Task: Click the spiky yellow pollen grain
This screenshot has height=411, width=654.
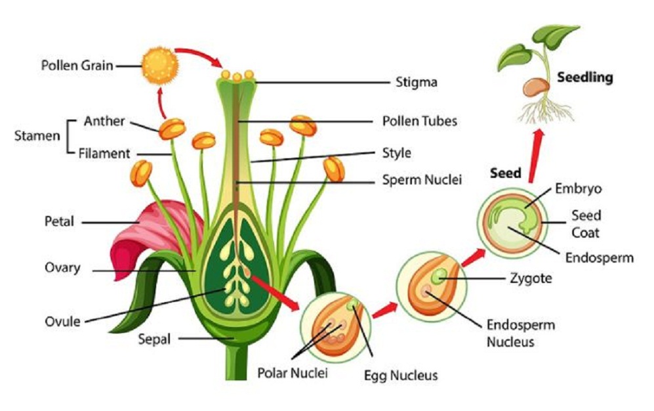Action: tap(160, 64)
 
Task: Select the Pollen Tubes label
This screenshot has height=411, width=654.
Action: tap(419, 121)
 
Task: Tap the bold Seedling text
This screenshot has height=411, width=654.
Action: tap(584, 77)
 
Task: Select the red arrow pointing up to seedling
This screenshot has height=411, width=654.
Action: tap(534, 155)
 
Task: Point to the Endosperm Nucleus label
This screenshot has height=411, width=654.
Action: tap(520, 333)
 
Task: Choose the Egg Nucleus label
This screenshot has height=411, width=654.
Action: tap(400, 376)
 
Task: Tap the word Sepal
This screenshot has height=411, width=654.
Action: tap(154, 339)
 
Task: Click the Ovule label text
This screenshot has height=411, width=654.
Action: tap(62, 321)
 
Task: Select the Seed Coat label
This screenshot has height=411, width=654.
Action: tap(586, 224)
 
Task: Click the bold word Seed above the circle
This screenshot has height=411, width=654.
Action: tap(506, 173)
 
